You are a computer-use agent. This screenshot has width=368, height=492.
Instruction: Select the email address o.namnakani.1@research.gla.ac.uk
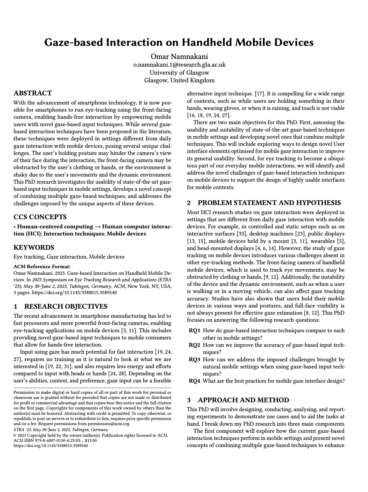pyautogui.click(x=179, y=65)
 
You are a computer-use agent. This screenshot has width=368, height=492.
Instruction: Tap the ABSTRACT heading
pyautogui.click(x=33, y=93)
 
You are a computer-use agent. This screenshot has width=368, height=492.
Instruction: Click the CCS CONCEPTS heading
pyautogui.click(x=40, y=217)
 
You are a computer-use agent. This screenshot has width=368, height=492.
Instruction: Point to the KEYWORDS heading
pyautogui.click(x=34, y=247)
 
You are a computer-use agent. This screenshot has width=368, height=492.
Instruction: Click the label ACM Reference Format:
pyautogui.click(x=42, y=267)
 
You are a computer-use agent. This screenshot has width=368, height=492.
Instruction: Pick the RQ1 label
pyautogui.click(x=195, y=331)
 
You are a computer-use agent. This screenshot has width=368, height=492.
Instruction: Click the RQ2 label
pyautogui.click(x=195, y=345)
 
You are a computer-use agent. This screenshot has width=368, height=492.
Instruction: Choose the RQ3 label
pyautogui.click(x=195, y=360)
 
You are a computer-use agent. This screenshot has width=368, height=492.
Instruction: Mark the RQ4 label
pyautogui.click(x=195, y=381)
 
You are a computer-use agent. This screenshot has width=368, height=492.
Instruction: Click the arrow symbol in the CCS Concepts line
pyautogui.click(x=97, y=227)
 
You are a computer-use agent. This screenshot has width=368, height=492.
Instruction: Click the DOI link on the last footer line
pyautogui.click(x=51, y=446)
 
